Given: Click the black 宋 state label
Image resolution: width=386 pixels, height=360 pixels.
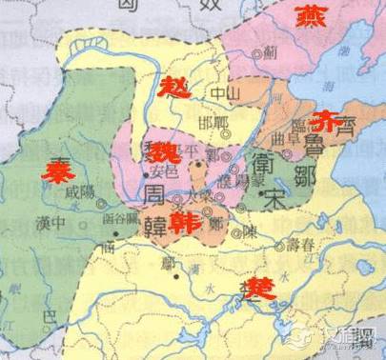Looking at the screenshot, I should (x=277, y=203).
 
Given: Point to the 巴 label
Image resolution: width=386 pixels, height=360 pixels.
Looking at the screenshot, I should (x=51, y=313).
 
